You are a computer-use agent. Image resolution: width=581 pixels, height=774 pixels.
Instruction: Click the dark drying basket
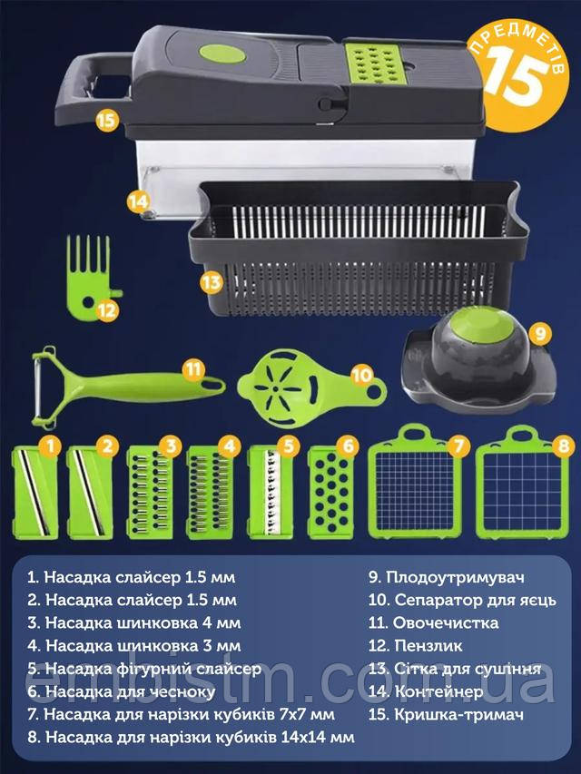pyautogui.click(x=358, y=249)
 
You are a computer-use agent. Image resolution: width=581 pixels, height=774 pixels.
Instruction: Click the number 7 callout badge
pyautogui.click(x=458, y=446)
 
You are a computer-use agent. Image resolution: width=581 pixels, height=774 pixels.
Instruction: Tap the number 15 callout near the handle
pyautogui.click(x=106, y=120)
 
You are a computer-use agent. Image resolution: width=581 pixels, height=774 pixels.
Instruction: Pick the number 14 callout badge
pyautogui.click(x=138, y=201)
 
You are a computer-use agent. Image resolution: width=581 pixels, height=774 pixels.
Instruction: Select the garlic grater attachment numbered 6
pyautogui.click(x=331, y=492)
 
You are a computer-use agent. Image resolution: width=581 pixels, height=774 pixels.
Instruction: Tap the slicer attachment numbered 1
pyautogui.click(x=35, y=492)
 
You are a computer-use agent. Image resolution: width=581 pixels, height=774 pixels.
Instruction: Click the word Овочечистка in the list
pyautogui.click(x=446, y=622)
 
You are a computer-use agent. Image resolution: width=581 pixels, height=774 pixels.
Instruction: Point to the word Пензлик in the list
pyautogui.click(x=428, y=645)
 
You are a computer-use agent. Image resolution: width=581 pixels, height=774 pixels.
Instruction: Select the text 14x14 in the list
pyautogui.click(x=302, y=737)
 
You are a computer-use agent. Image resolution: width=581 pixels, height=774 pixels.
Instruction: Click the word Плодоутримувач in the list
pyautogui.click(x=455, y=577)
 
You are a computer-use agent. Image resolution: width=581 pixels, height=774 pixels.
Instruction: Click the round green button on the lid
pyautogui.click(x=222, y=54)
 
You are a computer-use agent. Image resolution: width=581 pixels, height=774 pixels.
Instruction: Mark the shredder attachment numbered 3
pyautogui.click(x=150, y=492)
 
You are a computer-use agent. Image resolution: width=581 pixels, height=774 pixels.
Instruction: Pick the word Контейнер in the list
pyautogui.click(x=438, y=691)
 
